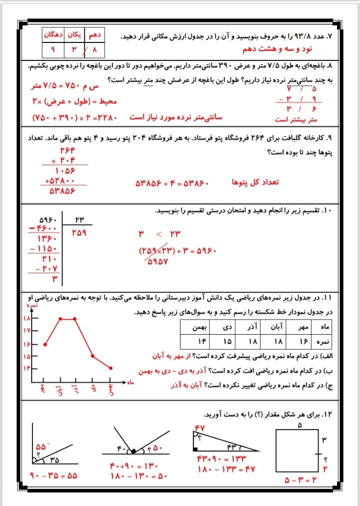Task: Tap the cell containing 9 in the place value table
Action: point(52,49)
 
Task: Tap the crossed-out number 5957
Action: point(157,263)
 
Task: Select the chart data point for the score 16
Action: point(45,344)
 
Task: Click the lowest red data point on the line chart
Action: point(110,368)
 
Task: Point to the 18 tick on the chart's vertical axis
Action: point(26,319)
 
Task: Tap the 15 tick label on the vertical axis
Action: point(26,356)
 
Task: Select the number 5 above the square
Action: point(300,426)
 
